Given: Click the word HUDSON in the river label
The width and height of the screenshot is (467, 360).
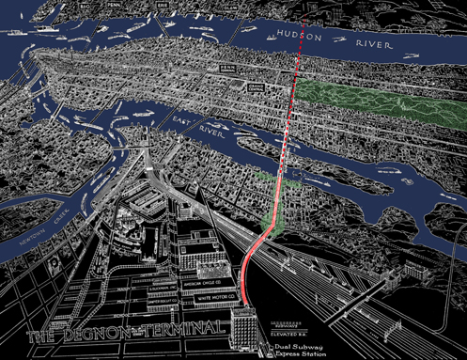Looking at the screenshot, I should coord(300,35).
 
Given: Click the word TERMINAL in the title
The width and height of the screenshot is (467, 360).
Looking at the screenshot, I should coord(188,328).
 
